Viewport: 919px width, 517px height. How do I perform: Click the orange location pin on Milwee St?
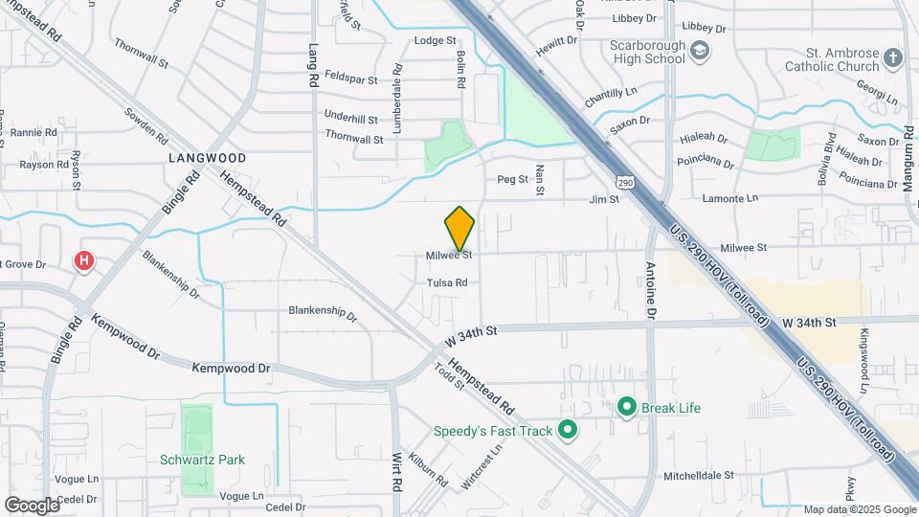click(459, 229)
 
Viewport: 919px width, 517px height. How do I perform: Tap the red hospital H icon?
click(85, 259)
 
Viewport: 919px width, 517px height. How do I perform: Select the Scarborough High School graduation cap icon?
click(701, 51)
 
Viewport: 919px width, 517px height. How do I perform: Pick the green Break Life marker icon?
click(628, 408)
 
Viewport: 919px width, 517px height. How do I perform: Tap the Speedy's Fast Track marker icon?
click(568, 431)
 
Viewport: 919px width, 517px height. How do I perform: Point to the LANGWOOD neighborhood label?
click(208, 157)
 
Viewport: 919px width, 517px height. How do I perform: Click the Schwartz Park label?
click(202, 460)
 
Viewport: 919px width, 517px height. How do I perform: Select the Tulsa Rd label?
click(447, 282)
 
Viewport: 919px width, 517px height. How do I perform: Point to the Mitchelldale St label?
click(699, 474)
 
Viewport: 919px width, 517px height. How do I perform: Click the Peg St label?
click(512, 179)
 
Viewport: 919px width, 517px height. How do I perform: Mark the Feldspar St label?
click(353, 74)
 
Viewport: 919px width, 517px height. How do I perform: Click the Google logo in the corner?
click(32, 505)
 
